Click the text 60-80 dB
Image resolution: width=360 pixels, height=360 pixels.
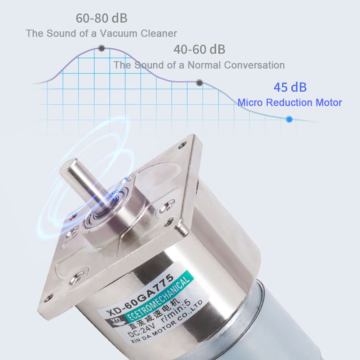pyautogui.click(x=101, y=18)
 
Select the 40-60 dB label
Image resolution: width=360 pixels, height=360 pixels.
pyautogui.click(x=199, y=49)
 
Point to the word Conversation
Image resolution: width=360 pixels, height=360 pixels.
pyautogui.click(x=254, y=65)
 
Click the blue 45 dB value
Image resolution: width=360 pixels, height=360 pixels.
pyautogui.click(x=290, y=87)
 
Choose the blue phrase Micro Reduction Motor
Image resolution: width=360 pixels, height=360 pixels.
pyautogui.click(x=289, y=103)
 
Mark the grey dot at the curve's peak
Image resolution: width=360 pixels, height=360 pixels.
pyautogui.click(x=102, y=48)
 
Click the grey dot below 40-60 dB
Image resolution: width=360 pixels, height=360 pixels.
pyautogui.click(x=199, y=83)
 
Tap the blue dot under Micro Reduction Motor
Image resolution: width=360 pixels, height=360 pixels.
pyautogui.click(x=289, y=119)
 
